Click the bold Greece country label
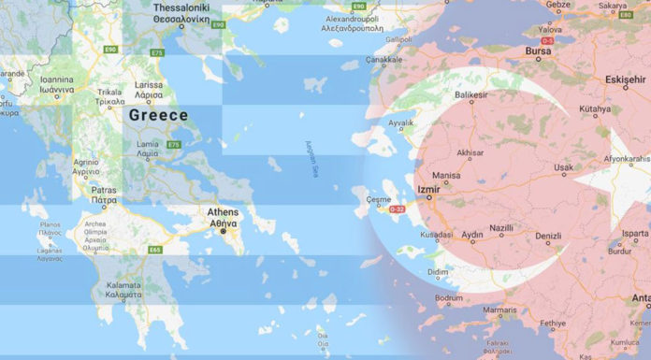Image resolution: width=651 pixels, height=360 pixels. click(x=158, y=116)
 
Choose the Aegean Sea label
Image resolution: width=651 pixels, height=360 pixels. click(x=312, y=153)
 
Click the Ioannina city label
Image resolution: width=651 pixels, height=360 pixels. click(x=44, y=81)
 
